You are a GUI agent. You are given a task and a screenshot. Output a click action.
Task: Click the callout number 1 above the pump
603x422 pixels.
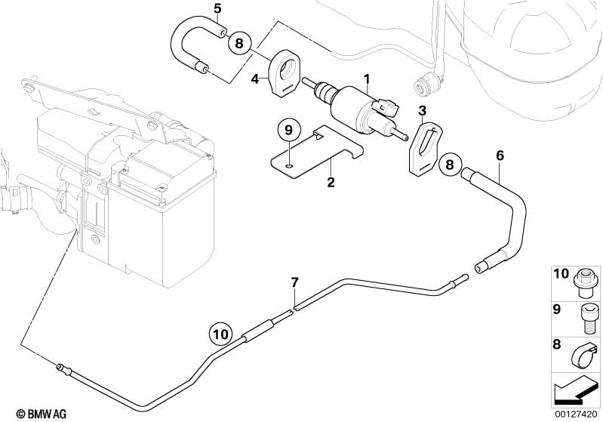pos(367,79)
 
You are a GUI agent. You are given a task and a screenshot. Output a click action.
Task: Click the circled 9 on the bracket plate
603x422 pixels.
pos(288,131)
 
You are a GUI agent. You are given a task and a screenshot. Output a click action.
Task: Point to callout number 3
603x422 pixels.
pos(423,111)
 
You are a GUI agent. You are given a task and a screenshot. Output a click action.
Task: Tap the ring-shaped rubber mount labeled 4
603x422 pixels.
pos(288,75)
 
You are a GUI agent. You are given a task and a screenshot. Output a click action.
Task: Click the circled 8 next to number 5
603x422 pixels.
pos(239,43)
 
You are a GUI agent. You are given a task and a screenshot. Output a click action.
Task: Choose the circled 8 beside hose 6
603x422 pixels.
pos(450,163)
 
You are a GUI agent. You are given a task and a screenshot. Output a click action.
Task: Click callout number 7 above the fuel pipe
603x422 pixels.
pos(295,283)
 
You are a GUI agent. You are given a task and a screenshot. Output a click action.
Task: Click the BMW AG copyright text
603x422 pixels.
pos(27,413)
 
